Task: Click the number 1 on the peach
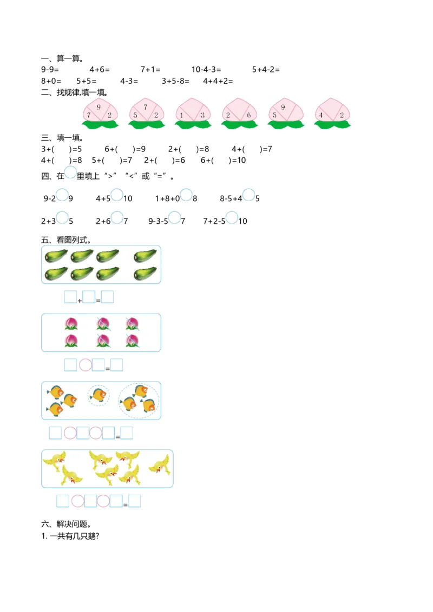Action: pos(182,115)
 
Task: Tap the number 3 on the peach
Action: pos(203,115)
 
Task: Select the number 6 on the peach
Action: pos(248,115)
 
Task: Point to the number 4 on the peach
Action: pos(321,115)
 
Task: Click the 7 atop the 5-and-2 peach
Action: pos(146,107)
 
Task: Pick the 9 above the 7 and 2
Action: pos(99,107)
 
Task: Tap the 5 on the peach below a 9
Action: pos(275,115)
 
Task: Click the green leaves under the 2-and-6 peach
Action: pos(239,125)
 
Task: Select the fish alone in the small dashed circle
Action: pos(99,395)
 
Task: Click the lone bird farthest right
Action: pos(159,464)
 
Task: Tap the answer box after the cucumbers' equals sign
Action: pos(108,297)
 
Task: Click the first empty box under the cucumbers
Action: pos(70,297)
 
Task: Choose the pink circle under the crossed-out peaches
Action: pos(85,365)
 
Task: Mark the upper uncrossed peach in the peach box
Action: pos(71,323)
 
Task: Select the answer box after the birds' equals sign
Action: pos(134,501)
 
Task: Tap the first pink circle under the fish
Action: pos(70,433)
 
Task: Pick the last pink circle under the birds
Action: pos(103,501)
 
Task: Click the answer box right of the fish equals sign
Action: pos(127,433)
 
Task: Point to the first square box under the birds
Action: pos(63,501)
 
